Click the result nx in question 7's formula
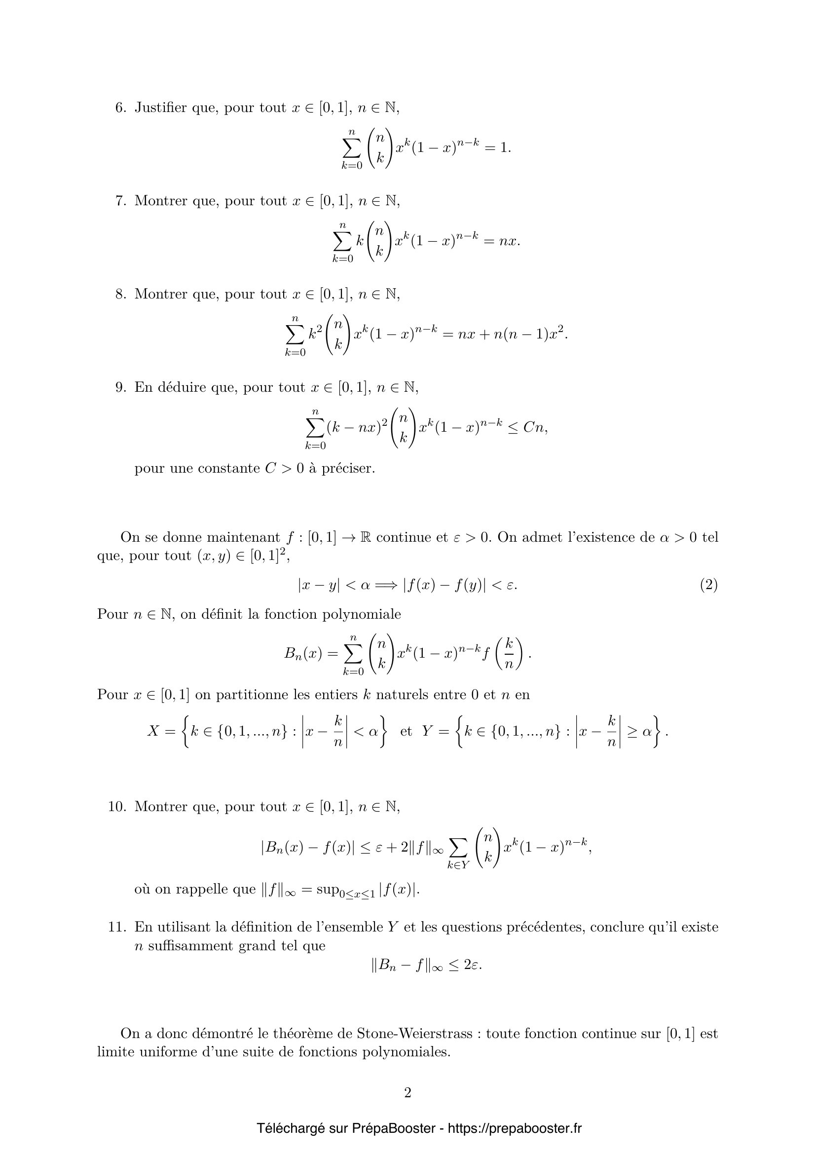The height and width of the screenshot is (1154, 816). pyautogui.click(x=509, y=242)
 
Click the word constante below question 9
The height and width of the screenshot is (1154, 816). pyautogui.click(x=228, y=468)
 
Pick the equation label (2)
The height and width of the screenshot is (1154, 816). pyautogui.click(x=708, y=585)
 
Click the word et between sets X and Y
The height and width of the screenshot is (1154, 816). pyautogui.click(x=406, y=732)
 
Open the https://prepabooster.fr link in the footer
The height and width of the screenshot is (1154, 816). pyautogui.click(x=514, y=1128)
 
